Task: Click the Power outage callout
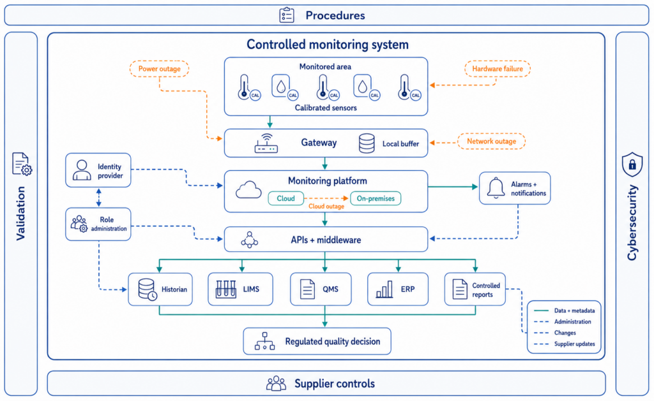[159, 69]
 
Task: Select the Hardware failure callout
[497, 69]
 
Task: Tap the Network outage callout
[491, 141]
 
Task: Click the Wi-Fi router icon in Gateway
[266, 143]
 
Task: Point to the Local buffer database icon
[367, 143]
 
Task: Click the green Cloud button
[285, 198]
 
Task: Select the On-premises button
[376, 198]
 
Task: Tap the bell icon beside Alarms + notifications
[496, 188]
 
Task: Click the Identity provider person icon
[82, 170]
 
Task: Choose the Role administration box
[98, 224]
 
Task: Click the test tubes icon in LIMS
[225, 289]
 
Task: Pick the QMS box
[321, 289]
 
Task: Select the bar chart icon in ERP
[384, 289]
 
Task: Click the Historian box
[160, 289]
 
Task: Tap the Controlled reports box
[475, 289]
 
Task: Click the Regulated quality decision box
[317, 342]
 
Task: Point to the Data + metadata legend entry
[564, 310]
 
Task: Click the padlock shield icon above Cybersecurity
[632, 164]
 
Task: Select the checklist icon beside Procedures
[287, 15]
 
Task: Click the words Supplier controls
[335, 384]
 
